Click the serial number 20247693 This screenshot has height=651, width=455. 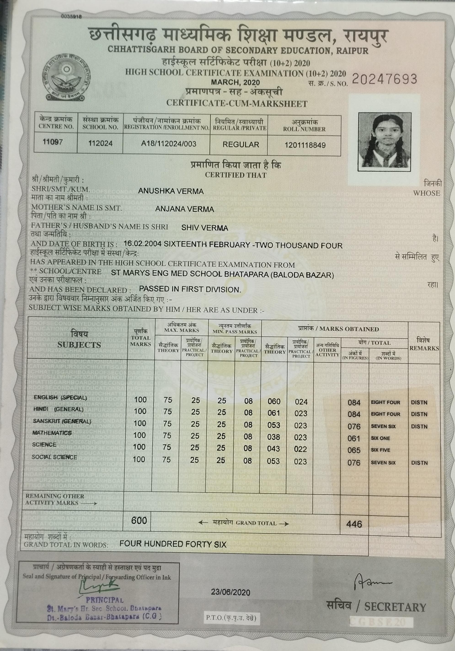(x=384, y=79)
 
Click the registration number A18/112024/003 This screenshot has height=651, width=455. (x=169, y=144)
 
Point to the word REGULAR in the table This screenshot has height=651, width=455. (x=241, y=145)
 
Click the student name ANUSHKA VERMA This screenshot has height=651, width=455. (x=171, y=191)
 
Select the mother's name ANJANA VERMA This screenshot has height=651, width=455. (x=185, y=209)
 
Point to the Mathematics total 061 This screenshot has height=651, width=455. (x=354, y=439)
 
